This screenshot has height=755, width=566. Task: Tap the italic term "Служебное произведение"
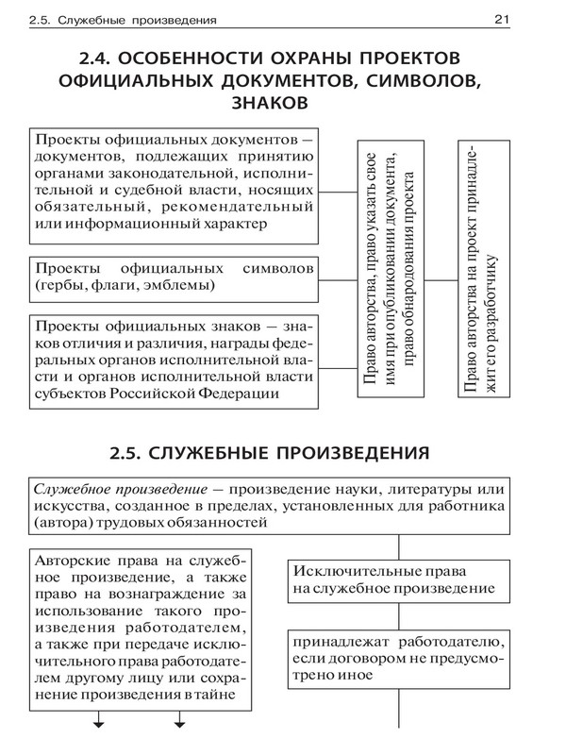tap(120, 493)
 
